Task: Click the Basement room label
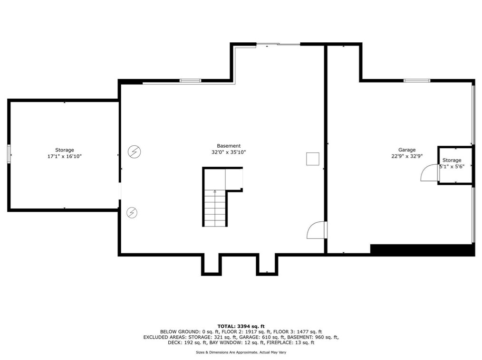pyautogui.click(x=229, y=146)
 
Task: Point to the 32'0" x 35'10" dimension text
pyautogui.click(x=229, y=152)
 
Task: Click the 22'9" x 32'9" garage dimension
pyautogui.click(x=407, y=156)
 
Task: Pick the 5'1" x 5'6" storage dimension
pyautogui.click(x=452, y=167)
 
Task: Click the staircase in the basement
pyautogui.click(x=215, y=208)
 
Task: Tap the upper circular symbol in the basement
pyautogui.click(x=135, y=152)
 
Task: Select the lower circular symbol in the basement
pyautogui.click(x=132, y=213)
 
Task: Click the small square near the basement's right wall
pyautogui.click(x=312, y=159)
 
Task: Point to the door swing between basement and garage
pyautogui.click(x=316, y=230)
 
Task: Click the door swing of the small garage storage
pyautogui.click(x=429, y=173)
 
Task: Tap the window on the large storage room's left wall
pyautogui.click(x=9, y=155)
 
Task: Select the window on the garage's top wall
pyautogui.click(x=417, y=80)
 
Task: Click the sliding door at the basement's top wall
pyautogui.click(x=278, y=45)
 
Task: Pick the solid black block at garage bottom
pyautogui.click(x=422, y=250)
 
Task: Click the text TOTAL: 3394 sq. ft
pyautogui.click(x=241, y=326)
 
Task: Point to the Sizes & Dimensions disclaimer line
pyautogui.click(x=241, y=352)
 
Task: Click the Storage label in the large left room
pyautogui.click(x=64, y=150)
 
